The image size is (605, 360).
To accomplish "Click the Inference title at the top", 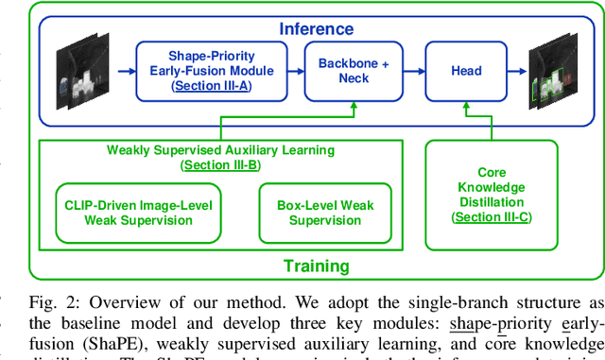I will tap(315, 29).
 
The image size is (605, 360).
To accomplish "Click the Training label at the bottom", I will tap(316, 266).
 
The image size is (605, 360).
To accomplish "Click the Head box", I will tap(465, 70).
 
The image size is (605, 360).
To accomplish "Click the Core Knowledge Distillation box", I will tap(492, 195).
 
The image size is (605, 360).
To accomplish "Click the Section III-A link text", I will tap(211, 85).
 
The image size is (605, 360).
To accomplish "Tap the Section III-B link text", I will tap(220, 164).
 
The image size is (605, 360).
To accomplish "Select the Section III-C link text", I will tap(492, 217).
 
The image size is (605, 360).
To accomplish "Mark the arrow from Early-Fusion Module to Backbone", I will tap(295, 71).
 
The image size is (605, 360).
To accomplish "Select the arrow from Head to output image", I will tap(517, 71).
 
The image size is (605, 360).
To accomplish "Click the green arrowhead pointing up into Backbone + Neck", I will tap(353, 107).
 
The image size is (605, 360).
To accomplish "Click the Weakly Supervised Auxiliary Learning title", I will tap(220, 149).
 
